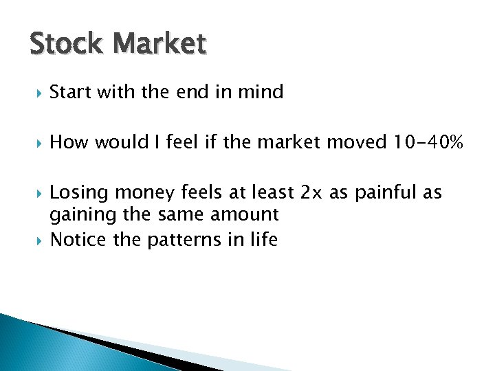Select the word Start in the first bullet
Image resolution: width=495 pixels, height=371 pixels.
(x=71, y=92)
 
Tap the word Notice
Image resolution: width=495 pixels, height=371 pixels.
(x=78, y=240)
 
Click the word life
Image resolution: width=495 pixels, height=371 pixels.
(x=264, y=240)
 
